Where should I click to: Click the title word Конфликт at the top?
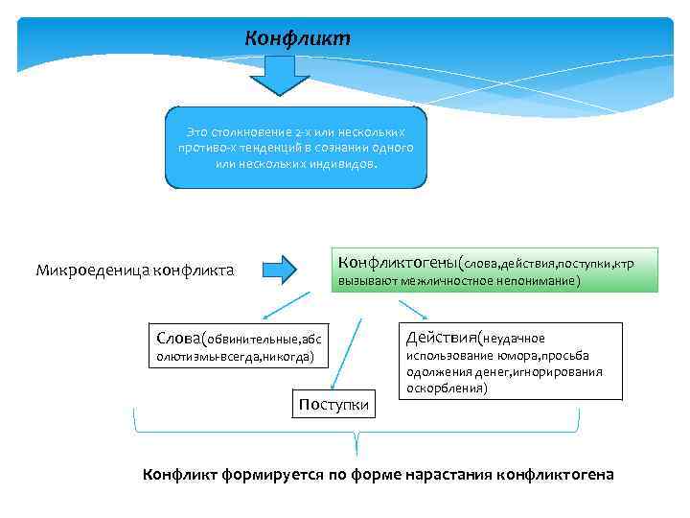point(298,38)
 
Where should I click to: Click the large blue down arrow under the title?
point(280,75)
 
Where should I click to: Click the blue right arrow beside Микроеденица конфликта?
point(280,269)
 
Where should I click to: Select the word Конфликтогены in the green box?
point(396,261)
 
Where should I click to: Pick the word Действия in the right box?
point(442,337)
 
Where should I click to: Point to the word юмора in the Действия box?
point(512,356)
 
